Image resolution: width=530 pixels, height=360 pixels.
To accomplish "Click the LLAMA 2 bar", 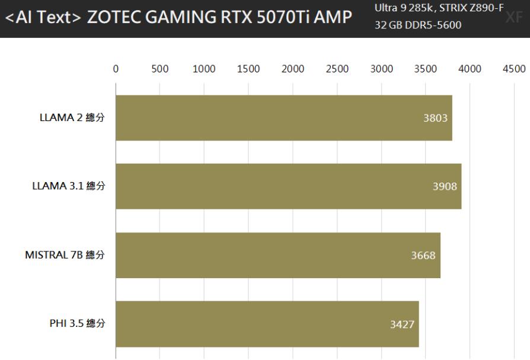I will pos(283,117).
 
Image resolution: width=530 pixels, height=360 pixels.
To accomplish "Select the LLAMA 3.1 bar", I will pos(288,186).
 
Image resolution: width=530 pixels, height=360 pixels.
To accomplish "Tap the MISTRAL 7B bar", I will pos(277,255).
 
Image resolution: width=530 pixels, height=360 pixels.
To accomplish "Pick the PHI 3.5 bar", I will pos(267,324).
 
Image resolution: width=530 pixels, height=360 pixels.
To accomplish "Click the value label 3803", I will pos(435,117).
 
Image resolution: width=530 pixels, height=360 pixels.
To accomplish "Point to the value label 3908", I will pos(445,186).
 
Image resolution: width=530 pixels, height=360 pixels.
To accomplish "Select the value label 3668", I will pos(423,256).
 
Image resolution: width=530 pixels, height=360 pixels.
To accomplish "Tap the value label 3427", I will pos(402,324).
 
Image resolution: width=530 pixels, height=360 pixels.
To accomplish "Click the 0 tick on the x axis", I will pos(116,68).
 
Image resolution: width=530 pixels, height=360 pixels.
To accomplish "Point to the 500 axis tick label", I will pos(160,68).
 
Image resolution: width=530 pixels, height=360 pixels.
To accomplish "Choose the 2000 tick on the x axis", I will pos(293,68).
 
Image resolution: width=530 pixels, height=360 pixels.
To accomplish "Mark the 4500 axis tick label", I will pos(513,68).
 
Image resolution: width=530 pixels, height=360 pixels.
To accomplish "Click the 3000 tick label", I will pos(381,68).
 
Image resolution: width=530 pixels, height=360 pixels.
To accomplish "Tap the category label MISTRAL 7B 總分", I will pos(65,255).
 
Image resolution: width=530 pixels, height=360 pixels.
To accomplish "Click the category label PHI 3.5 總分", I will pos(78,324).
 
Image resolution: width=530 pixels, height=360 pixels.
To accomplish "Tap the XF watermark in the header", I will pos(513,18).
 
